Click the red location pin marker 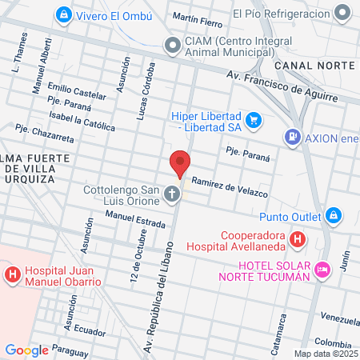click(x=181, y=164)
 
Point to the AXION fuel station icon click(x=293, y=137)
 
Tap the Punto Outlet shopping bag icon click(x=333, y=214)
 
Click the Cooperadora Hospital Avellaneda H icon click(x=297, y=238)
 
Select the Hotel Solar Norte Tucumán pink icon click(x=322, y=270)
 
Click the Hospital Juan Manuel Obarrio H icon click(x=13, y=275)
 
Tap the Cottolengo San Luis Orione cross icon click(x=172, y=194)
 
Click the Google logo click(x=26, y=350)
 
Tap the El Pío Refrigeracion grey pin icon click(x=343, y=14)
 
